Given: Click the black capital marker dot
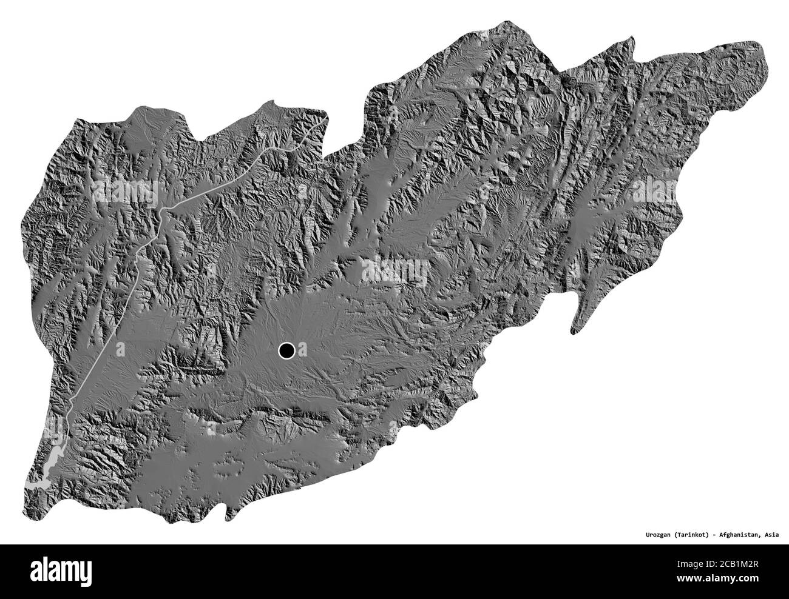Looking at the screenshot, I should click(x=286, y=350).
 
